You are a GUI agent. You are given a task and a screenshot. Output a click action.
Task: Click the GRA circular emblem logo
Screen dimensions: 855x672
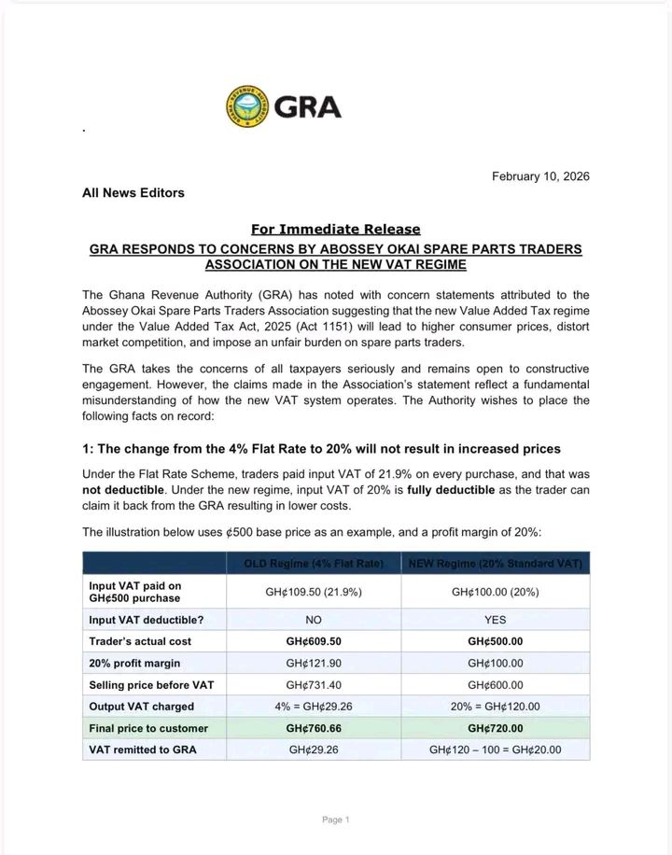click(x=246, y=107)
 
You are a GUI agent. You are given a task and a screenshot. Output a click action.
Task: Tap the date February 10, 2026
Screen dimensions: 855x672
click(x=540, y=176)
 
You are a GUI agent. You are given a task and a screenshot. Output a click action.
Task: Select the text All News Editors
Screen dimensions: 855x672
click(x=133, y=193)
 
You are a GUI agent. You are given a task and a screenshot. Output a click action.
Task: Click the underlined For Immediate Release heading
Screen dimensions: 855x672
click(x=335, y=229)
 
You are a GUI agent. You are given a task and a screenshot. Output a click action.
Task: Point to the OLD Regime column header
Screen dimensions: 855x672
click(x=314, y=563)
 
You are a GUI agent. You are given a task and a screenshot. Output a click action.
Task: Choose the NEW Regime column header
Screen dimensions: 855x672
click(x=495, y=563)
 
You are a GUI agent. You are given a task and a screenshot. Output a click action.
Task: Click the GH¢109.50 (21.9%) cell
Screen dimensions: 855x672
click(x=314, y=592)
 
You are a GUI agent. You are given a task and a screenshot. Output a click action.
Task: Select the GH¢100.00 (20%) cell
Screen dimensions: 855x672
click(x=495, y=592)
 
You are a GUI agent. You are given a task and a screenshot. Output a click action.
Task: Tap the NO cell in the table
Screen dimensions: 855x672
click(x=314, y=618)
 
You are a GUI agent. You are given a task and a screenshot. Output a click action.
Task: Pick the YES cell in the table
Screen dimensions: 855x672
click(x=495, y=618)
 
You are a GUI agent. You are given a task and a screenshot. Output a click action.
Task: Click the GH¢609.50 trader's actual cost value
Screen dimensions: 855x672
click(x=314, y=640)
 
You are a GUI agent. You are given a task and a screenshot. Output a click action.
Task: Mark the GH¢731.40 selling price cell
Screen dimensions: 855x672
click(x=314, y=685)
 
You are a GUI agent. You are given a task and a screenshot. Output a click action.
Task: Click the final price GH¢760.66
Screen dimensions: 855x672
click(x=314, y=728)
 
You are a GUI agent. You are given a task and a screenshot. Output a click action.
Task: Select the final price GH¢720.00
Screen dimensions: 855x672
click(x=495, y=728)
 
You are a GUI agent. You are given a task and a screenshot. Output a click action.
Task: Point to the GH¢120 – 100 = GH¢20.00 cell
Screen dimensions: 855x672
click(x=495, y=750)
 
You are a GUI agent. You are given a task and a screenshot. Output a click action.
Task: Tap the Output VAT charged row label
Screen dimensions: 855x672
click(x=141, y=707)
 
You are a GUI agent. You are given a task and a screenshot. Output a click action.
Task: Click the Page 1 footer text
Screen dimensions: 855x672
click(x=335, y=820)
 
